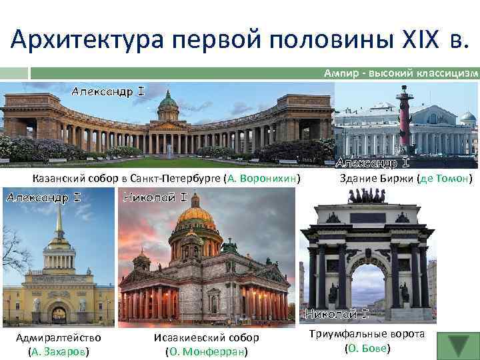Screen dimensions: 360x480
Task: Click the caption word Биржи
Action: coord(394,179)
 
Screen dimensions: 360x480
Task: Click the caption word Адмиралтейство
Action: coord(59,337)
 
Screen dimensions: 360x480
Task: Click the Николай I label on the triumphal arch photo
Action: coord(337,313)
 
